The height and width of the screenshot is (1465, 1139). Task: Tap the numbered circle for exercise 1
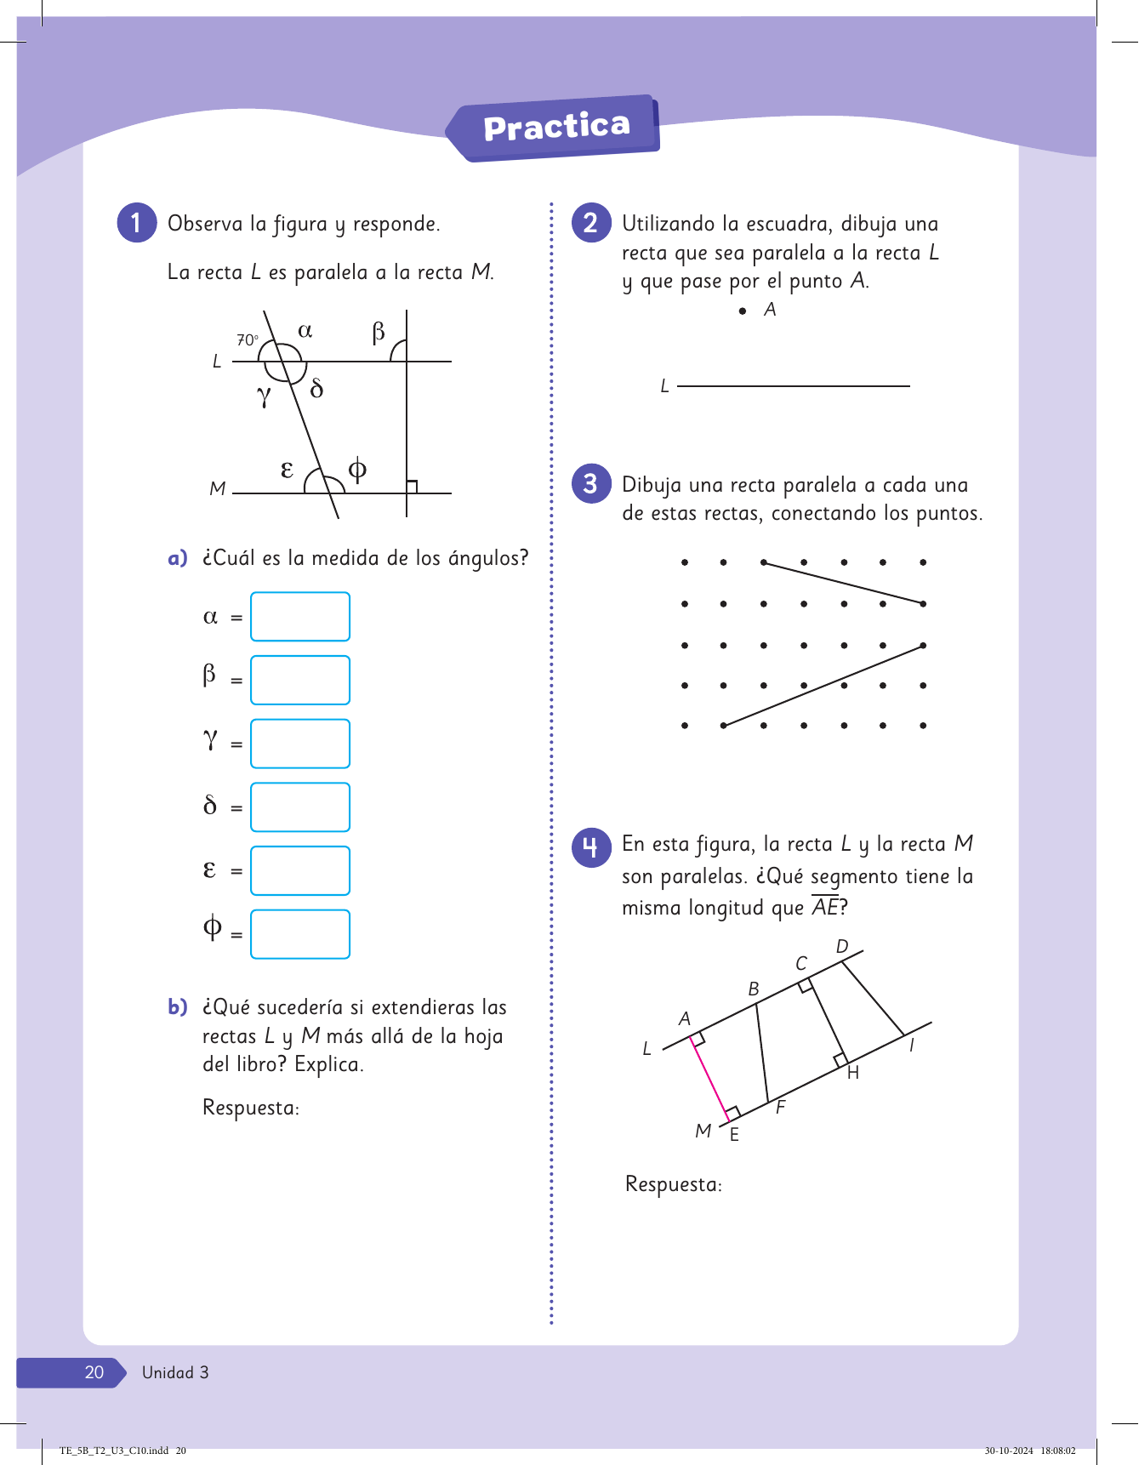[136, 223]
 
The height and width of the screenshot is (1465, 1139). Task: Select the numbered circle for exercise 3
[590, 483]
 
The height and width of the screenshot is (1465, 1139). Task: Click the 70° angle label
[247, 339]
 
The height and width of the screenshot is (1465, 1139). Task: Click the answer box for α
[299, 616]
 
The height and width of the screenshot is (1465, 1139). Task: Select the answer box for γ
[299, 744]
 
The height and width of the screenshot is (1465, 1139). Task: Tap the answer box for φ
[299, 934]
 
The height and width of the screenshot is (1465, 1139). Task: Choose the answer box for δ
[299, 807]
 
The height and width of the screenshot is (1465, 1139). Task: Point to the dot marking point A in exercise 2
[743, 311]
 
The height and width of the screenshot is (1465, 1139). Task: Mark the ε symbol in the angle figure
[287, 469]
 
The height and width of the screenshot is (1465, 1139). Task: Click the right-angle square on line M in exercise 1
[412, 487]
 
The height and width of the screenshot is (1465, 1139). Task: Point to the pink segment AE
[709, 1077]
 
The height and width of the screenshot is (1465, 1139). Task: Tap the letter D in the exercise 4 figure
[842, 947]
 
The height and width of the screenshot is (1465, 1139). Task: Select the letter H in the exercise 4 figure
[853, 1073]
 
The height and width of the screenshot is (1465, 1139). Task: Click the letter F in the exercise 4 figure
[780, 1107]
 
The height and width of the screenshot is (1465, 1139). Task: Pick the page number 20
[94, 1372]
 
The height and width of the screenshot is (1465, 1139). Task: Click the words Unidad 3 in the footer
[175, 1372]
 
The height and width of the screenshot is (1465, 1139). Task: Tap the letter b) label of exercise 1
[177, 1007]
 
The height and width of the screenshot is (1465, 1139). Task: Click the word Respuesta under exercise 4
[673, 1184]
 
